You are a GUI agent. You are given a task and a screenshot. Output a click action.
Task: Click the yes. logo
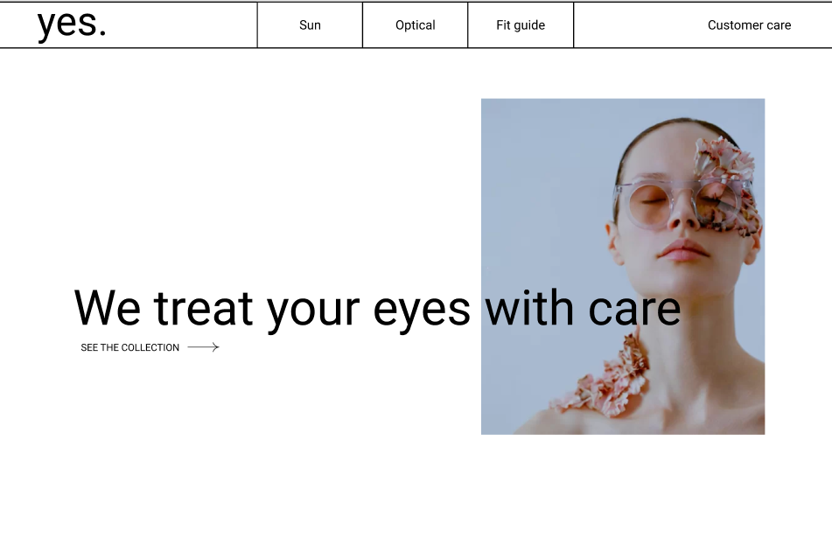[x=72, y=24]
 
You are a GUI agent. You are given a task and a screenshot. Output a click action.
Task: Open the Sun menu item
[x=310, y=24]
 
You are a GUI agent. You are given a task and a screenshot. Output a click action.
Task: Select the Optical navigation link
[x=415, y=24]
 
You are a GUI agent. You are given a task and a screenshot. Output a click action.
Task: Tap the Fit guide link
[x=521, y=24]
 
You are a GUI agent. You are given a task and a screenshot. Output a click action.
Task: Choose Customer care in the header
[x=749, y=24]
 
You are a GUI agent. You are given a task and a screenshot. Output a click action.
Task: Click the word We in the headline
[x=108, y=308]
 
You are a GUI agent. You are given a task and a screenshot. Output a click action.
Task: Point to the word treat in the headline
[x=203, y=308]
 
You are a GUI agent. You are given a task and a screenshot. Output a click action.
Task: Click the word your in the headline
[x=313, y=311]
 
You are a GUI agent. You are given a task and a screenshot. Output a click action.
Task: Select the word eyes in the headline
[x=422, y=311]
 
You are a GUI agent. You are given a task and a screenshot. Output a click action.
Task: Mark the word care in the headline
[x=634, y=311]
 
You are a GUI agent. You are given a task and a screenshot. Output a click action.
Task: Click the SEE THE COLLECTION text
[x=130, y=347]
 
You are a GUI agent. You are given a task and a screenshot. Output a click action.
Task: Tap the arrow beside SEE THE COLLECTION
[x=203, y=346]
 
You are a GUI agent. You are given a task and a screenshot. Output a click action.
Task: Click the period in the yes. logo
[x=102, y=33]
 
